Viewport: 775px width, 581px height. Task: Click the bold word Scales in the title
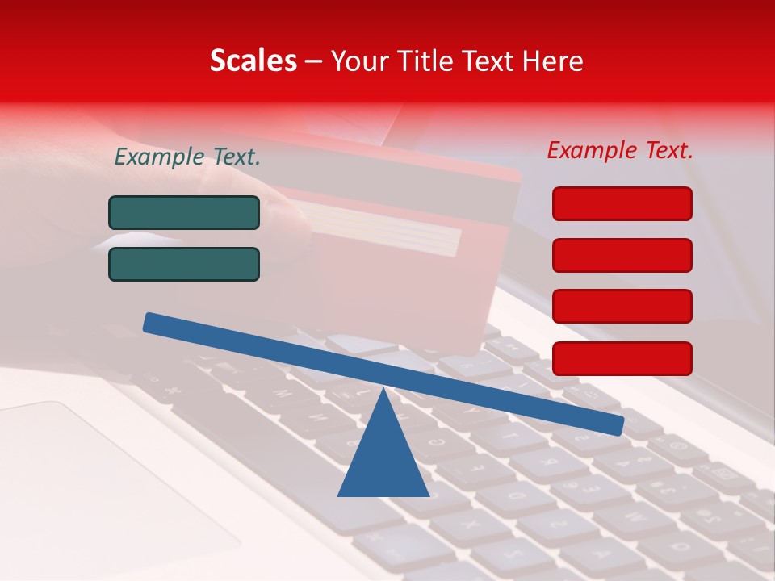253,61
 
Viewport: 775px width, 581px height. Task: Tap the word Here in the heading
553,61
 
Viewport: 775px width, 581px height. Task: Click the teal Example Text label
187,157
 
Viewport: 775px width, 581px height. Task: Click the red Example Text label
620,150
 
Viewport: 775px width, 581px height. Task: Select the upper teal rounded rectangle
184,212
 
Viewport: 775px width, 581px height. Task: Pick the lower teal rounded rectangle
184,264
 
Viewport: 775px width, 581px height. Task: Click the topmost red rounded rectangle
622,203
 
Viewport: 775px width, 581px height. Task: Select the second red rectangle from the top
622,255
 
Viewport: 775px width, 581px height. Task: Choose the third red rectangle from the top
622,307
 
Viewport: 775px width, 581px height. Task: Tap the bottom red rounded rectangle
622,358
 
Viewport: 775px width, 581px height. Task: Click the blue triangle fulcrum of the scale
383,460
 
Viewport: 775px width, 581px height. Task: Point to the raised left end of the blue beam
150,323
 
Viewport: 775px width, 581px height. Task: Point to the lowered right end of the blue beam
618,425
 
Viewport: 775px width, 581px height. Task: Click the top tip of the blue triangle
383,391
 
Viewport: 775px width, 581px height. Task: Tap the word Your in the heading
358,61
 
